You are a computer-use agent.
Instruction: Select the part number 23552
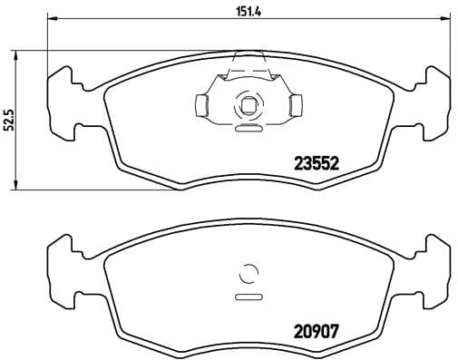tap(316, 164)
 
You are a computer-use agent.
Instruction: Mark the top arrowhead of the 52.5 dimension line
tap(21, 53)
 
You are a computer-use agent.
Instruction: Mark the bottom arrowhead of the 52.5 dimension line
tap(21, 187)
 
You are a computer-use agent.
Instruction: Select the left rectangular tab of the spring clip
tap(204, 106)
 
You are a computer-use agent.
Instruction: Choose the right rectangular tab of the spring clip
tap(291, 106)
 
